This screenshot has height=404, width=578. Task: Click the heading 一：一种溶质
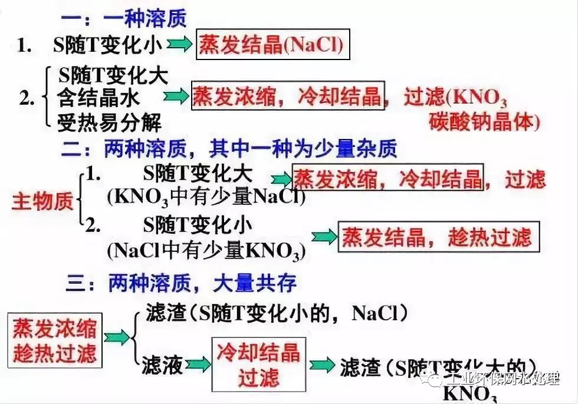[124, 18]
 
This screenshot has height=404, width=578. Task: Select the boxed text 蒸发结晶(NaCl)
[272, 45]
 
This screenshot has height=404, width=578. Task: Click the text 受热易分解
[109, 122]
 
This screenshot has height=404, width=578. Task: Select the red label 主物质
[42, 201]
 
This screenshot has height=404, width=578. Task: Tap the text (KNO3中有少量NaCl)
[206, 197]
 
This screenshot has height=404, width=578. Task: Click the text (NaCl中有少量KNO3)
[206, 251]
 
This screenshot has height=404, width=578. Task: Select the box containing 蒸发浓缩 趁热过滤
[54, 341]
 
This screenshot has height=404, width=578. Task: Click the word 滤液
[162, 366]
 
